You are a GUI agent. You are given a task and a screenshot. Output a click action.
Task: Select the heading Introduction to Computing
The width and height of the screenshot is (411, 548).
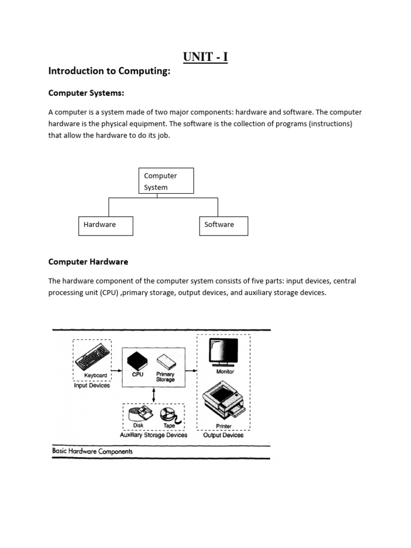click(x=109, y=71)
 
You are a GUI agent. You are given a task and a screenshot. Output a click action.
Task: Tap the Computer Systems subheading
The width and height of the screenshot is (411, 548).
click(x=86, y=93)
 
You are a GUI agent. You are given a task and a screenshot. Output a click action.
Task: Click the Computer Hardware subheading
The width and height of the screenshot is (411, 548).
click(x=88, y=262)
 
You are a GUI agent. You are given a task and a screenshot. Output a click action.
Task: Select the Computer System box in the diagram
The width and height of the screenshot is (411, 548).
click(x=166, y=181)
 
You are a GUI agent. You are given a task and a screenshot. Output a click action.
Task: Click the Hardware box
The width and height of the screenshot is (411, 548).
click(x=105, y=226)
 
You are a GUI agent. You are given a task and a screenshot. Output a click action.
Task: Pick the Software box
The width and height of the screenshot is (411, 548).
click(x=223, y=226)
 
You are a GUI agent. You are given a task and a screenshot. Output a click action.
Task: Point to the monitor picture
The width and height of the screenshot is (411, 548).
click(x=224, y=351)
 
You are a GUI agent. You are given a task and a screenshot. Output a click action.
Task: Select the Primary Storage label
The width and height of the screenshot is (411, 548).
click(x=165, y=377)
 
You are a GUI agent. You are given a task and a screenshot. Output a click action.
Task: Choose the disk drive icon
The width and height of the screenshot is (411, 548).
click(x=139, y=414)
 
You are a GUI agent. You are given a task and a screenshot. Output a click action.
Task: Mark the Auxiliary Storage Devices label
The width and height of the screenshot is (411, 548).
click(x=154, y=435)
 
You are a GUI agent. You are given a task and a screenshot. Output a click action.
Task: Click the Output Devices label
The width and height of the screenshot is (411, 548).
click(x=223, y=435)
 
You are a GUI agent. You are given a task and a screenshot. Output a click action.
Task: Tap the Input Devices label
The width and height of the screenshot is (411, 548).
click(x=92, y=385)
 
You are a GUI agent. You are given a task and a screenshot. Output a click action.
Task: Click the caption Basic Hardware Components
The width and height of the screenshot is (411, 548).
click(x=92, y=451)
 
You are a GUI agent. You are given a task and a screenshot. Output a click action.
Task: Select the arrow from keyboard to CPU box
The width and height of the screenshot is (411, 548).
click(x=117, y=369)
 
